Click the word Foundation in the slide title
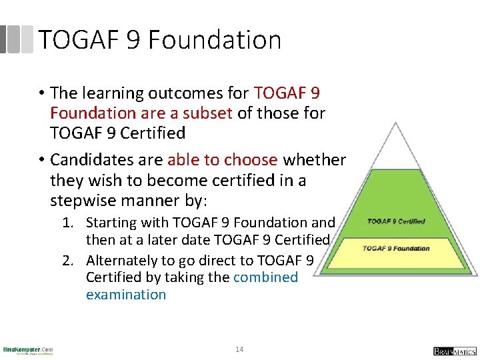(215, 40)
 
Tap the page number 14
(240, 349)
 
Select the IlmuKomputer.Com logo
(28, 349)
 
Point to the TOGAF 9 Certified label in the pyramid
(396, 221)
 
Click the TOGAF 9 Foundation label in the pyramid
(396, 249)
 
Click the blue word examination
(126, 294)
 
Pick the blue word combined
(265, 277)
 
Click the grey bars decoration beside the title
(17, 39)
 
